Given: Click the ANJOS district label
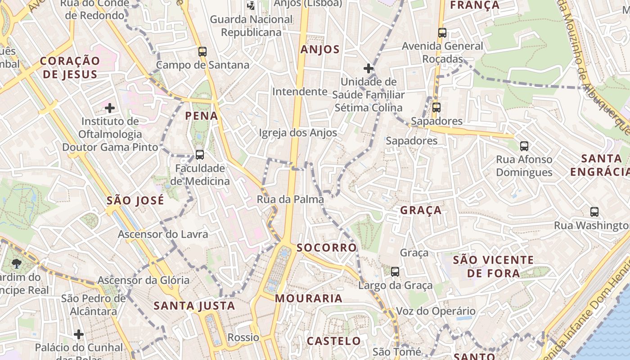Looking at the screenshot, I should click(320, 49).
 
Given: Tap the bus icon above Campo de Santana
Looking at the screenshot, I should click(202, 52).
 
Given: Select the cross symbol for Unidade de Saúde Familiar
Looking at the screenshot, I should click(369, 68).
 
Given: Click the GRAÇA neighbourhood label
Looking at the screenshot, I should click(421, 210).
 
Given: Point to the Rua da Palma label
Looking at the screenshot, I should click(290, 199).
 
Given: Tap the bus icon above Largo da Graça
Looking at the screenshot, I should click(395, 272).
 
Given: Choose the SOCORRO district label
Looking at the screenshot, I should click(327, 247).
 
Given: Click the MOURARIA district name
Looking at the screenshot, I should click(309, 298).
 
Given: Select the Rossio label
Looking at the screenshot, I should click(243, 337).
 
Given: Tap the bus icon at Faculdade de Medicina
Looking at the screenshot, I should click(200, 155).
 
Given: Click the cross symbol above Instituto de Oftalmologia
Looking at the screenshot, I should click(110, 108).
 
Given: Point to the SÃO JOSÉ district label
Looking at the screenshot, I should click(135, 200).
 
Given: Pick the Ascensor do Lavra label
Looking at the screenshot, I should click(163, 234).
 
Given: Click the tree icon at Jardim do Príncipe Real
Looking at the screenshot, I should click(17, 263).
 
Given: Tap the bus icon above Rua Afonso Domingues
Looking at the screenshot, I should click(524, 146).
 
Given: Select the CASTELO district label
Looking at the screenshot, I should click(334, 341).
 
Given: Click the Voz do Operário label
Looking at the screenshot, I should click(436, 311).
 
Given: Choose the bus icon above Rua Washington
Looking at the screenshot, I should click(594, 212).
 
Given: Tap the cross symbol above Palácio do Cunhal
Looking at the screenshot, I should click(79, 334).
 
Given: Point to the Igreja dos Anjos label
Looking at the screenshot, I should click(298, 133).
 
